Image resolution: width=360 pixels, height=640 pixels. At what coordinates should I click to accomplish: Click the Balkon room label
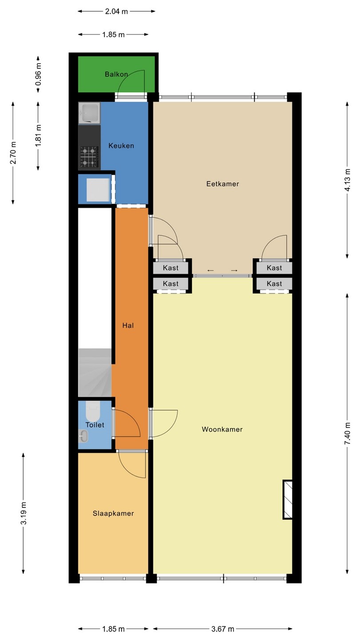click(x=116, y=74)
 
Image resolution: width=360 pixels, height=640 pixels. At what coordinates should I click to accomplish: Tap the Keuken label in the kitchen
click(x=121, y=146)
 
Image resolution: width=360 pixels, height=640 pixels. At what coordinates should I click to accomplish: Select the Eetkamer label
click(x=223, y=184)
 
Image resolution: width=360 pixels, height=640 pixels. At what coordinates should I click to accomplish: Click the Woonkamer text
click(x=222, y=429)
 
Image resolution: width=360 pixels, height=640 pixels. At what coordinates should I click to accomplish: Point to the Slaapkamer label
click(x=113, y=513)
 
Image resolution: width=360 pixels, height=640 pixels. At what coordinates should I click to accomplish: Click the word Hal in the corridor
click(x=128, y=325)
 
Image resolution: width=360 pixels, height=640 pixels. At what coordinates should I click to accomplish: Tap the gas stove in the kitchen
click(x=89, y=156)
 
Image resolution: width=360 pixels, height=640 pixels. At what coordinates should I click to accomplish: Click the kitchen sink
click(x=89, y=113)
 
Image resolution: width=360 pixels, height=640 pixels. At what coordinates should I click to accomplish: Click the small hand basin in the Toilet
click(x=83, y=436)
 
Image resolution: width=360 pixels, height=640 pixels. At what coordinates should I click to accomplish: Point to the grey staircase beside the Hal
click(x=95, y=372)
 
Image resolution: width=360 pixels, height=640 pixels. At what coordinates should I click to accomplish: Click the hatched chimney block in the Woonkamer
click(x=288, y=500)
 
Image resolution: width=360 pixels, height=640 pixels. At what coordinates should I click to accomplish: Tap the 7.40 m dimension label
click(x=348, y=434)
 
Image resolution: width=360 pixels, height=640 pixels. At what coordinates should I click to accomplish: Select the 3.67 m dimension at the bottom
click(x=223, y=629)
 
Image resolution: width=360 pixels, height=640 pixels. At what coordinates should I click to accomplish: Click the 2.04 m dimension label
click(x=116, y=12)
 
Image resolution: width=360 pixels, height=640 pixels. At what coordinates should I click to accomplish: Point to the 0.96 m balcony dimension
click(x=38, y=74)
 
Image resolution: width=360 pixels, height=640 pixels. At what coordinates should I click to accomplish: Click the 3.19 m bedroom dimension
click(x=24, y=513)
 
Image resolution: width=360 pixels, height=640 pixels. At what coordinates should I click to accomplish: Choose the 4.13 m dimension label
click(x=348, y=180)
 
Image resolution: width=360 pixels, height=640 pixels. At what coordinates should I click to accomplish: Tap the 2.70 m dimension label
click(x=13, y=152)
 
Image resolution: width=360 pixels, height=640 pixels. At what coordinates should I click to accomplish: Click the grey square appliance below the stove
click(x=98, y=190)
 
